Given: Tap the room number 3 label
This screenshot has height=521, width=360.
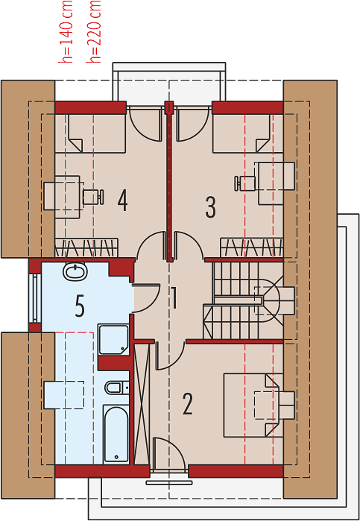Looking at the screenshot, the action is [x=210, y=206].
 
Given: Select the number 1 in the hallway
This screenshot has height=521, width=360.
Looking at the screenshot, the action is [x=174, y=297].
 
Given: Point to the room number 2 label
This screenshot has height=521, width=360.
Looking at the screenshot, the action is [x=188, y=404].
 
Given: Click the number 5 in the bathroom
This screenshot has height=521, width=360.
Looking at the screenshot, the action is [x=80, y=307].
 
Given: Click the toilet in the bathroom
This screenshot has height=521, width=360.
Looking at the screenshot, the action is [x=117, y=387].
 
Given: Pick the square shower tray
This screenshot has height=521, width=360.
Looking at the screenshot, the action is [x=113, y=340].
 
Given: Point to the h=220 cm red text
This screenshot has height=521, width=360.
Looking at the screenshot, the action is [x=93, y=31].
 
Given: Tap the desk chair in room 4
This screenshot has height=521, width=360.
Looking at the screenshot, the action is [x=92, y=197].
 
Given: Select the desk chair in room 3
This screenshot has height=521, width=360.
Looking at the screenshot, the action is [x=246, y=184].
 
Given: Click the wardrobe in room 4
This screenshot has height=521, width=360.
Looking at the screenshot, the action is [x=86, y=247].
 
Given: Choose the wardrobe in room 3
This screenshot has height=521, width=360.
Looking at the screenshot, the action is [x=252, y=248].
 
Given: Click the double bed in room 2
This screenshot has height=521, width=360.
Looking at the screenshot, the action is [x=253, y=405].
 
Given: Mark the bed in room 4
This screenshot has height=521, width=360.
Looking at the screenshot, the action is [x=89, y=133].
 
